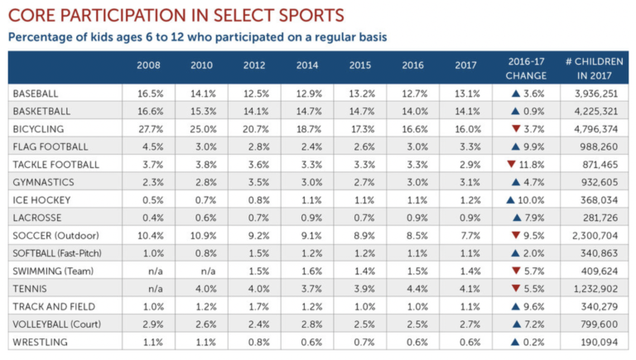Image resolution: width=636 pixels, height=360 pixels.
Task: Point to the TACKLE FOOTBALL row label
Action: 55,165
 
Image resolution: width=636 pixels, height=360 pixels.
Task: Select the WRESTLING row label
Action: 40,343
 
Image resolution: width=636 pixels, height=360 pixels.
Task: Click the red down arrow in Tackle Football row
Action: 511,165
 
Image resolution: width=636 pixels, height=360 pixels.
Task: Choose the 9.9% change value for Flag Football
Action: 532,147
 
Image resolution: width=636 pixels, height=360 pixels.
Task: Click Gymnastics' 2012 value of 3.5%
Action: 255,182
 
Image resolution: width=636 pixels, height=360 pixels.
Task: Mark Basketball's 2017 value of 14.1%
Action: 466,111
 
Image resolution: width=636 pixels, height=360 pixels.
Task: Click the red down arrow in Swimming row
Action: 515,271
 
